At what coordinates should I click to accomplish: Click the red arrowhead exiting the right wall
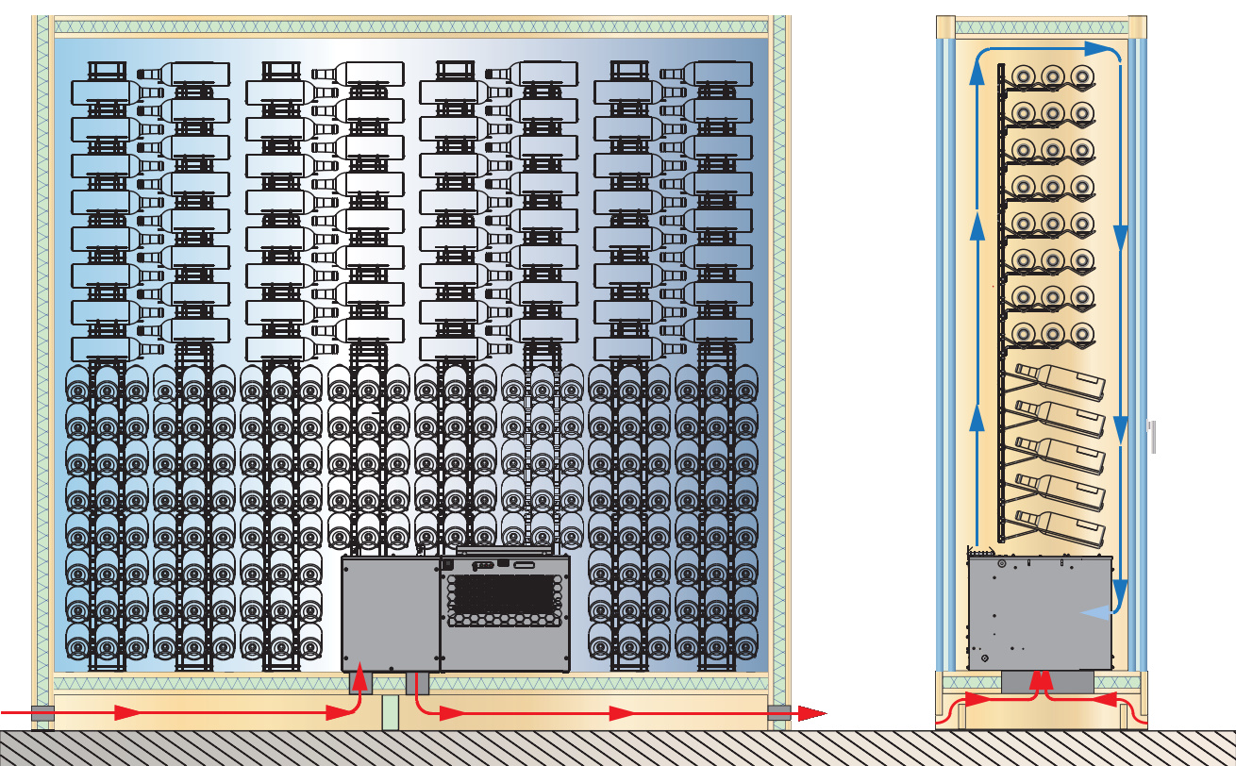pos(812,713)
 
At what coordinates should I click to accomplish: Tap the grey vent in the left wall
pos(42,712)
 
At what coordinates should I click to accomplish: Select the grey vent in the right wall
pos(778,712)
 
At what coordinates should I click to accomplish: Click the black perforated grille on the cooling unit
pos(502,600)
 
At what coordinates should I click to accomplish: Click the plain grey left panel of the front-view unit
pos(390,613)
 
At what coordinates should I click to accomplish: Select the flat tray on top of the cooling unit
pos(504,549)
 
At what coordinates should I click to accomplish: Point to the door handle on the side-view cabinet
pos(1152,437)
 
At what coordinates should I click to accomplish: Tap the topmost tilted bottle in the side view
pos(1061,383)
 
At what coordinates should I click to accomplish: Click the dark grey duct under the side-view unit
pos(1047,681)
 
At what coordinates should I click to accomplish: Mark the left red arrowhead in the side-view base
pos(980,700)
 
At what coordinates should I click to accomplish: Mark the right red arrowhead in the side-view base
pos(1100,700)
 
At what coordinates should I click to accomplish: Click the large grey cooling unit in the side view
pos(1038,613)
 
